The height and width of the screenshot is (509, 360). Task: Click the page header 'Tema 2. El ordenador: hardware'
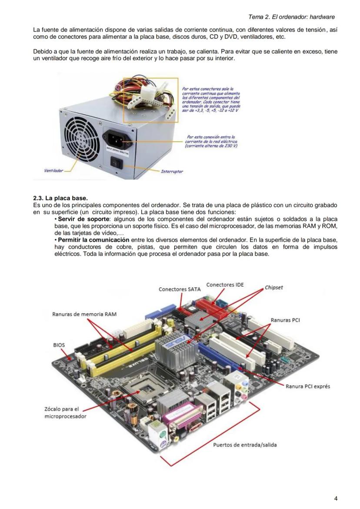[291, 17]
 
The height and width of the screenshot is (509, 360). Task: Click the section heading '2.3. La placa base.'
[60, 198]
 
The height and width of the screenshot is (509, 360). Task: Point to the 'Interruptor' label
[172, 171]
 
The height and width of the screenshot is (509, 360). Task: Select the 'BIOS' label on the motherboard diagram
[59, 345]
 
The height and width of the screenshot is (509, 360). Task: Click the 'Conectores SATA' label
[180, 289]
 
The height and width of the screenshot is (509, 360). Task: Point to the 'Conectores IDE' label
[225, 285]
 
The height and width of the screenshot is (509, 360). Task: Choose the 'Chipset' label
[274, 287]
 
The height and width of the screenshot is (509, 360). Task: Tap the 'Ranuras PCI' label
[285, 320]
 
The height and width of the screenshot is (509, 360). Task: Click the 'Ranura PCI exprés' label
[307, 386]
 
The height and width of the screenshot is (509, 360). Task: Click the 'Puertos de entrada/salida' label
[245, 445]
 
